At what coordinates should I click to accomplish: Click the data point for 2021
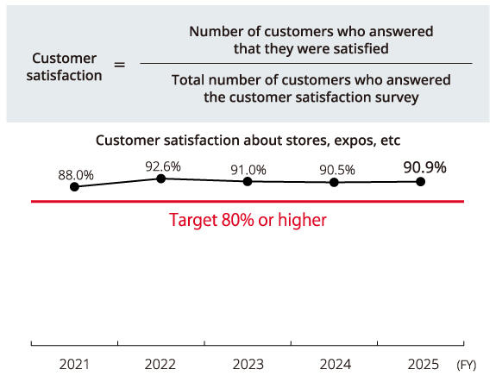75,186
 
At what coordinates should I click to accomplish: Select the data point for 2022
161,178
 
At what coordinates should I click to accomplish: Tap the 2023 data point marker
248,181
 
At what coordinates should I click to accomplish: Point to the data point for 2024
334,182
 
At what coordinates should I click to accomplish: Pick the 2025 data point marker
421,181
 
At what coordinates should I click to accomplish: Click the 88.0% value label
76,174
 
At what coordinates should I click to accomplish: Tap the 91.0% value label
248,169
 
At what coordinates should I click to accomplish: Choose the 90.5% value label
336,170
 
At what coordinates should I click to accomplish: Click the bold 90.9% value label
424,167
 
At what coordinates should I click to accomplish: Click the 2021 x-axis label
74,365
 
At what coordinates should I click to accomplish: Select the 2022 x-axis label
161,365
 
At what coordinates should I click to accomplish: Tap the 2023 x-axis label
248,365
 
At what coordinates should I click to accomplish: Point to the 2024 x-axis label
334,365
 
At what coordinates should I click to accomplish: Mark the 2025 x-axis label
421,365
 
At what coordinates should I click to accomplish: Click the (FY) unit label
466,366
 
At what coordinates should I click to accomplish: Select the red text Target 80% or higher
248,220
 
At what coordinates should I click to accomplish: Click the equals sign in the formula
120,64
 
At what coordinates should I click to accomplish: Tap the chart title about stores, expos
248,140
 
